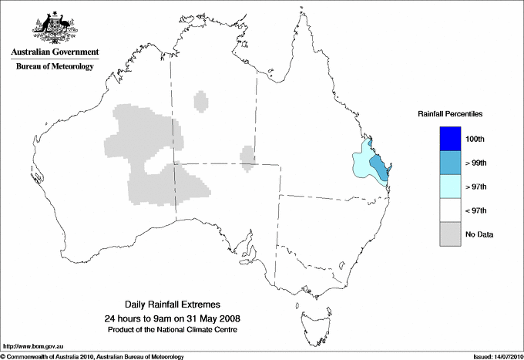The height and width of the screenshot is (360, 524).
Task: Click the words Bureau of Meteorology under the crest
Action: coord(54,66)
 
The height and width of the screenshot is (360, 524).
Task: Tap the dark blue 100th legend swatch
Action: coord(450,139)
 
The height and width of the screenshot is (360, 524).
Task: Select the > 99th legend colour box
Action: coord(450,163)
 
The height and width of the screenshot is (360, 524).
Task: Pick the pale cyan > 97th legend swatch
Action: coord(450,187)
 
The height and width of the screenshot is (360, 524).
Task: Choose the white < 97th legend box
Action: coord(450,210)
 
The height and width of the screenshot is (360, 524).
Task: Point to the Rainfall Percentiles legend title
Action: coord(450,114)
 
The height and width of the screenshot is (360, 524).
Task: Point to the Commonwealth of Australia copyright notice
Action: coord(92,356)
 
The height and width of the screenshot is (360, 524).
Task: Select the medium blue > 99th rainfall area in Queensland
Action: coord(380,167)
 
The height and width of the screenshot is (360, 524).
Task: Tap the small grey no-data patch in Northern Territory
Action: coord(202,101)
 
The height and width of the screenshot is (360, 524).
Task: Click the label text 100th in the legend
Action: coord(475,139)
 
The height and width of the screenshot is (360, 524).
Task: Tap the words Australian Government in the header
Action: coord(54,52)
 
